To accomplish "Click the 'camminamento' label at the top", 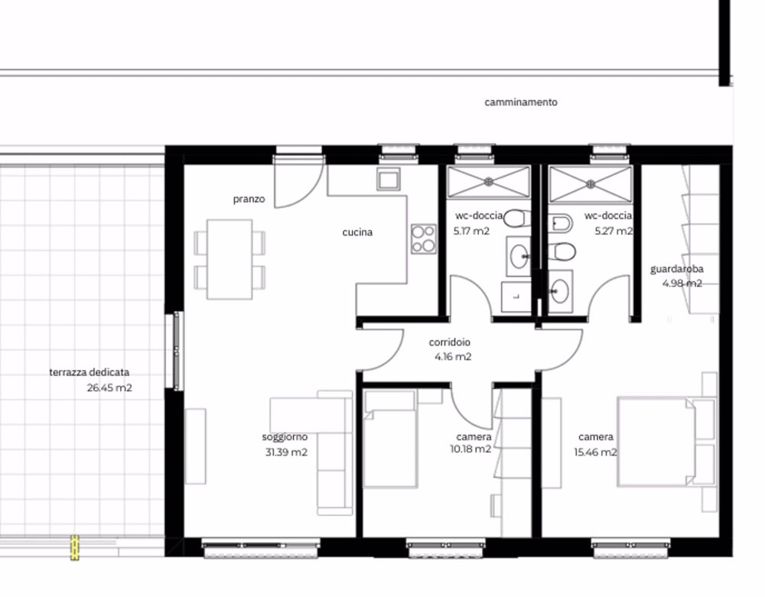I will [521, 102].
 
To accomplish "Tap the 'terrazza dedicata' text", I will [90, 372].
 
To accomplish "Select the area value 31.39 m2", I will [285, 452].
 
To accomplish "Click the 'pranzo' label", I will [249, 199].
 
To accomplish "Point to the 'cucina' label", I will [357, 232].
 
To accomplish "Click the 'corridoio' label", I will [450, 343].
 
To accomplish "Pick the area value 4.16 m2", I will [453, 356].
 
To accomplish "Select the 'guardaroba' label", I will [677, 269].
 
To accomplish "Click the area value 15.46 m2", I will [597, 452].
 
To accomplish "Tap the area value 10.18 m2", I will [471, 449].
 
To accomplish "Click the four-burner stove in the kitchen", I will [423, 238].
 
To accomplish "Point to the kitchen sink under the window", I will [386, 180].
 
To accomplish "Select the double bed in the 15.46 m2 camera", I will [656, 441].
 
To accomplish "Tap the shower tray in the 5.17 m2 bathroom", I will [489, 182].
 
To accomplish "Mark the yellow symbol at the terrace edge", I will [75, 547].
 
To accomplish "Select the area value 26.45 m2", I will [110, 388].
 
